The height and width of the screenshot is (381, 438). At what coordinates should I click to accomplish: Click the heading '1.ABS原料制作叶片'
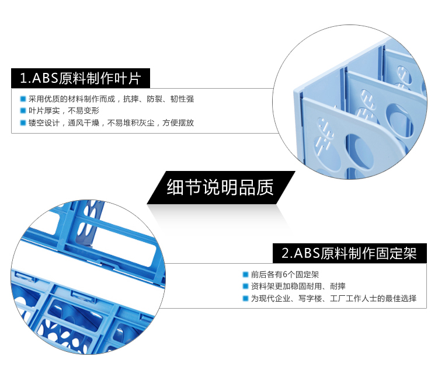[x=81, y=78]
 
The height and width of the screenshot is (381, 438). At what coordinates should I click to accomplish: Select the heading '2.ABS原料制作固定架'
[x=349, y=253]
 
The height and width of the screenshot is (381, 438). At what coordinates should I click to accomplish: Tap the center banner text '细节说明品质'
[x=220, y=187]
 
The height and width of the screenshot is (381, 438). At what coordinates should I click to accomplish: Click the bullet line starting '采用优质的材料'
[x=111, y=99]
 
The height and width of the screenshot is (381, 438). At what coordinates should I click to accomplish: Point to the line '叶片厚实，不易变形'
[x=64, y=111]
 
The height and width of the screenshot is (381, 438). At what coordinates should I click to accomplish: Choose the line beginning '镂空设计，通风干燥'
[x=111, y=123]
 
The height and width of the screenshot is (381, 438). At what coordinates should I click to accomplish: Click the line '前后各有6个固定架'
[x=284, y=275]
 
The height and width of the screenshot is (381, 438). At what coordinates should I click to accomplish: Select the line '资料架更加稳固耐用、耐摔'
[x=298, y=286]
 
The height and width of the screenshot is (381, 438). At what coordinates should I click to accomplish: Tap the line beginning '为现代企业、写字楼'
[x=333, y=298]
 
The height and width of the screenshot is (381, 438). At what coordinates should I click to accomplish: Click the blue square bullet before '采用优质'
[x=23, y=99]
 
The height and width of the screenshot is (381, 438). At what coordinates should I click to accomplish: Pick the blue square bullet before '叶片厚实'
[x=23, y=111]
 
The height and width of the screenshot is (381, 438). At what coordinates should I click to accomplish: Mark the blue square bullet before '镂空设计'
[x=23, y=123]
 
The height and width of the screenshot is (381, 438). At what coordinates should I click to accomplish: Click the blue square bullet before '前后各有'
[x=245, y=275]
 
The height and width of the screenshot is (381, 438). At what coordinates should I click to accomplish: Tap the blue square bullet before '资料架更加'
[x=245, y=286]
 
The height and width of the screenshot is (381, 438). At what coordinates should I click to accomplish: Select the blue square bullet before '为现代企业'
[x=245, y=298]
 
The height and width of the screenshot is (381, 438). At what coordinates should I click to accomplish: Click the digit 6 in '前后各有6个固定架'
[x=285, y=275]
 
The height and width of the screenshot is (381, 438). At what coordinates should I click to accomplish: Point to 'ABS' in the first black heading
[x=45, y=78]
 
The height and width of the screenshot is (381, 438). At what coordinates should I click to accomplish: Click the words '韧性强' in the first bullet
[x=182, y=99]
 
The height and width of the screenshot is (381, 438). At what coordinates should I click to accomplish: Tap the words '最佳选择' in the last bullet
[x=401, y=298]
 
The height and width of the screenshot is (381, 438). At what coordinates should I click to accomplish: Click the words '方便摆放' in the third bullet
[x=178, y=123]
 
